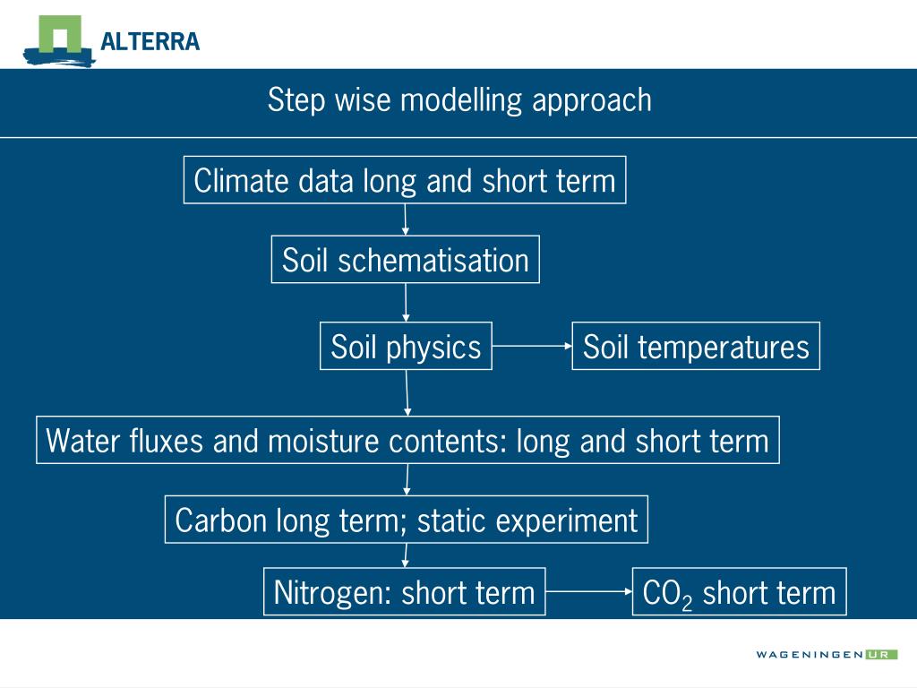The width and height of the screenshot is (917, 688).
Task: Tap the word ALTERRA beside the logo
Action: tap(150, 42)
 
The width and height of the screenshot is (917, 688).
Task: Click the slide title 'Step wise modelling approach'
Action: tap(459, 100)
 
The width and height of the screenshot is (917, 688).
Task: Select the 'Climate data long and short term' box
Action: tap(405, 180)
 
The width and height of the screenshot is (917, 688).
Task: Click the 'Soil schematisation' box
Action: tap(406, 260)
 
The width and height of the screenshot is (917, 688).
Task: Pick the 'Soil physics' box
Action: tap(406, 346)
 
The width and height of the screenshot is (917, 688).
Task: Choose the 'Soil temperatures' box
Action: tap(696, 346)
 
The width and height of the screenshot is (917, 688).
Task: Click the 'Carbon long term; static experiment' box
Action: tap(407, 520)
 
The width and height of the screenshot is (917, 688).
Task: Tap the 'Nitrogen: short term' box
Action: tap(405, 591)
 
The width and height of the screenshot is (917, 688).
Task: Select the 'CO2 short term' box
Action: tap(739, 591)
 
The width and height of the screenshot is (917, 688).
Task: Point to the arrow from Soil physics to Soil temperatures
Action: tap(532, 346)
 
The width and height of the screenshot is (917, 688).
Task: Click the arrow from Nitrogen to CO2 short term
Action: tap(589, 591)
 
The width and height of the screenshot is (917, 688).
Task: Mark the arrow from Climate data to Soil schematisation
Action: tap(406, 220)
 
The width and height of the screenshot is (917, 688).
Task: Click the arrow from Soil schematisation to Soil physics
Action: tap(406, 303)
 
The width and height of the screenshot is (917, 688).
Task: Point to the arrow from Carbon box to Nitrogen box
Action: tap(406, 555)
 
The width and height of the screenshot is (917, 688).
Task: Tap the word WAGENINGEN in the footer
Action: tap(810, 655)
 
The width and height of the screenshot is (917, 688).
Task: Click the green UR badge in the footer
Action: tap(881, 655)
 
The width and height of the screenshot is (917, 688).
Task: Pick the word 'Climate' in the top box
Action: tap(241, 181)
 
